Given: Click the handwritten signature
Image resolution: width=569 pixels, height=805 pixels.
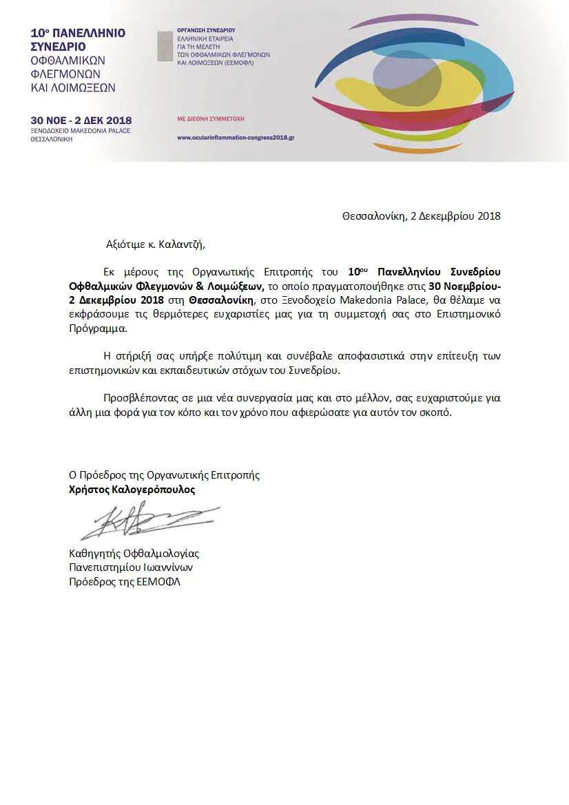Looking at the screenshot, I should (148, 522).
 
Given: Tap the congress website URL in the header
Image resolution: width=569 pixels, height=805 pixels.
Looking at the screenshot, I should (236, 138).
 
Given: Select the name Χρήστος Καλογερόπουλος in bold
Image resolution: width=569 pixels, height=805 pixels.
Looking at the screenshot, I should (132, 490).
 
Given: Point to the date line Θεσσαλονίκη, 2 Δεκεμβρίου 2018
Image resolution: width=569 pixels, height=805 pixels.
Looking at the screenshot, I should (421, 216).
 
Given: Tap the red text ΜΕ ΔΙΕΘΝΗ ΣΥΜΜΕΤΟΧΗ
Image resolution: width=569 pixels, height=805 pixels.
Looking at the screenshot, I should (211, 118).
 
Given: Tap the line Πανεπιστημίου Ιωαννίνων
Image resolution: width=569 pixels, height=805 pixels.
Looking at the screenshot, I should (130, 567).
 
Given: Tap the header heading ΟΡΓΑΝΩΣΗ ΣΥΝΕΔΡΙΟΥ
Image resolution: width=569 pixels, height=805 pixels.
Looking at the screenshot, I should (206, 30).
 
